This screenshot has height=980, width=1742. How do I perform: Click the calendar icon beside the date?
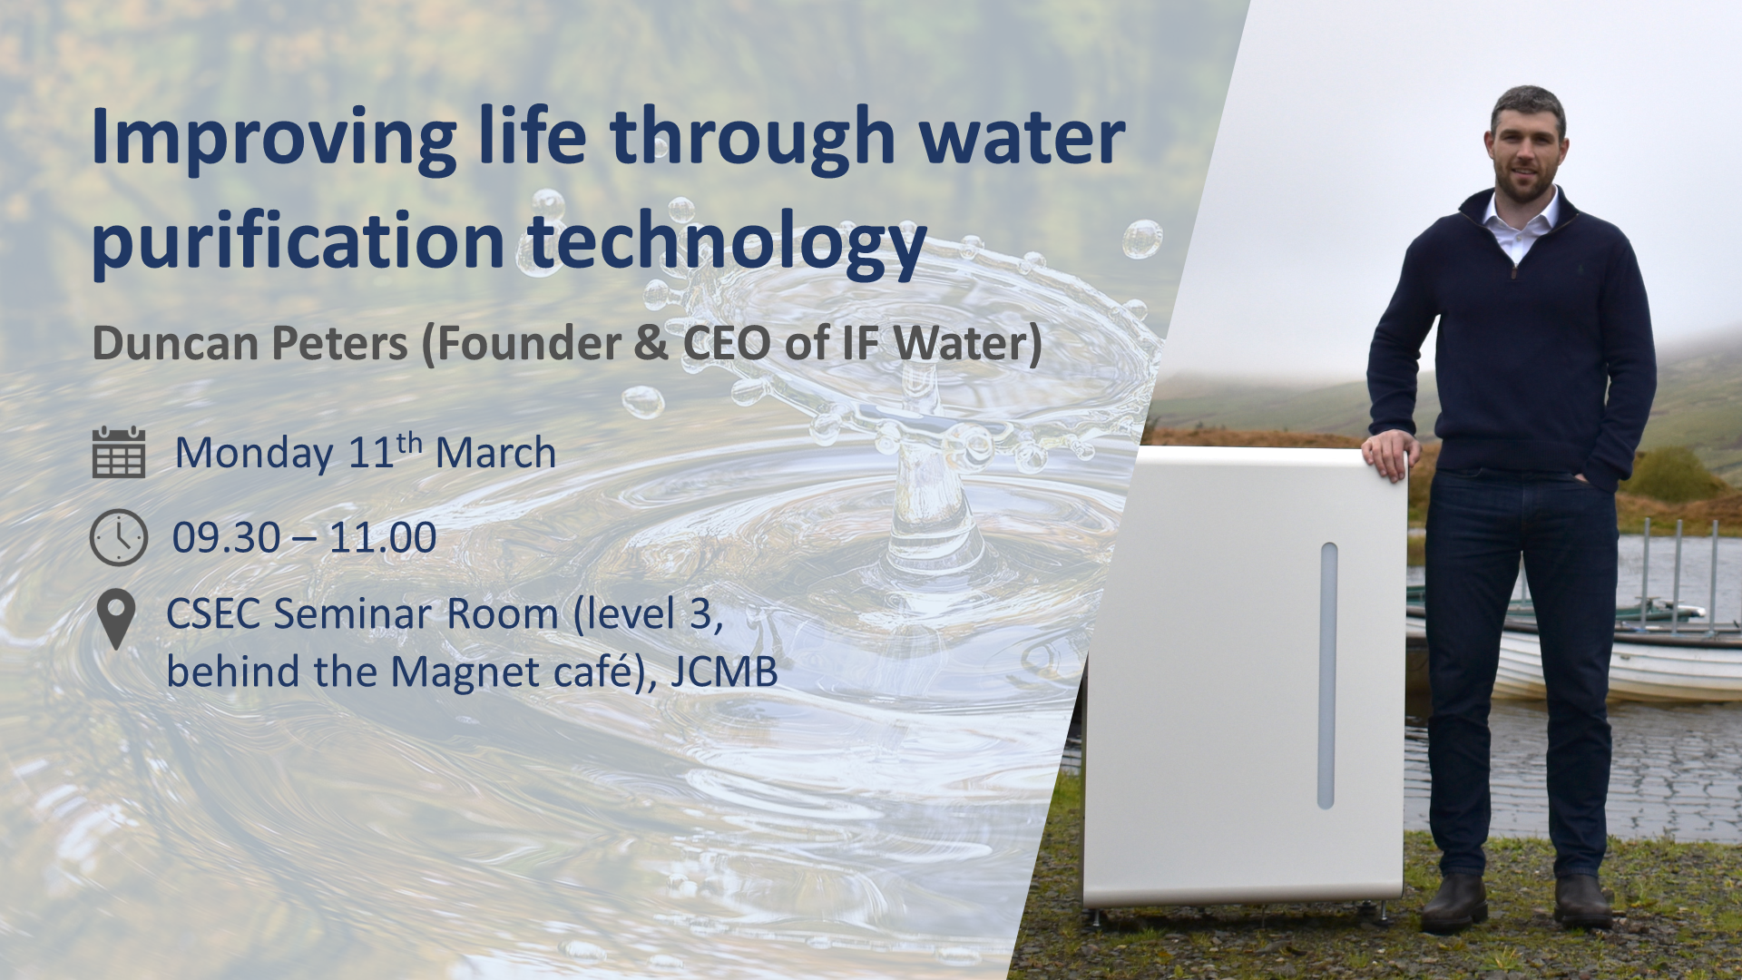pyautogui.click(x=119, y=452)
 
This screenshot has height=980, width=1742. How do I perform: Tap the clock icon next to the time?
pyautogui.click(x=119, y=537)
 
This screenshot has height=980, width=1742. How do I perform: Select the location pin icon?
pyautogui.click(x=116, y=619)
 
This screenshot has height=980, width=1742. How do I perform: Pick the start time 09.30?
pyautogui.click(x=227, y=538)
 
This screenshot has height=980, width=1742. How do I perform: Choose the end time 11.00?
pyautogui.click(x=383, y=538)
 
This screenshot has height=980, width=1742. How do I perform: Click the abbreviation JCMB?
pyautogui.click(x=724, y=672)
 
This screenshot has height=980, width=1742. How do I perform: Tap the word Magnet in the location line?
pyautogui.click(x=465, y=672)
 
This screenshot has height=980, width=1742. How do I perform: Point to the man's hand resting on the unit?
pyautogui.click(x=1391, y=455)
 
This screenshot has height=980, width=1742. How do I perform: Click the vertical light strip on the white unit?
pyautogui.click(x=1327, y=675)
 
